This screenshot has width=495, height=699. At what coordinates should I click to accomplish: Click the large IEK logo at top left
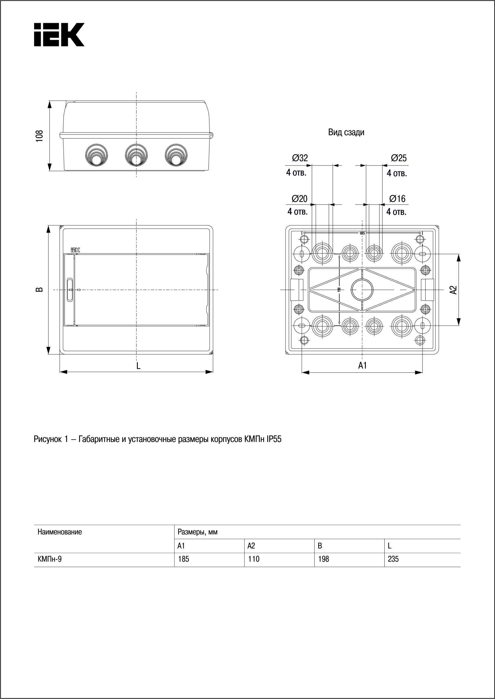pos(59,34)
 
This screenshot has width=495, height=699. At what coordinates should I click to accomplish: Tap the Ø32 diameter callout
pos(300,158)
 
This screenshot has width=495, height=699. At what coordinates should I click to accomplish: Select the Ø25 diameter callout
pos(398,158)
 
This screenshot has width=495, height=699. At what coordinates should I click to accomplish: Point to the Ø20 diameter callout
pos(299,199)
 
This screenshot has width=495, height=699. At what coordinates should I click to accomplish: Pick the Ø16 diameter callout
pos(397,199)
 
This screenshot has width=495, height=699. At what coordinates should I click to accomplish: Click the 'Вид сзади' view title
pos(346,132)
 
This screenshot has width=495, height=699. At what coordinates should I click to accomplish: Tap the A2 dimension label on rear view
pos(453,290)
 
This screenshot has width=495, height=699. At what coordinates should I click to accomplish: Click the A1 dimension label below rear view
pos(362,365)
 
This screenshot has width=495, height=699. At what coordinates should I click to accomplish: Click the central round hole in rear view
pos(362,290)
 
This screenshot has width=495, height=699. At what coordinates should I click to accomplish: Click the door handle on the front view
pos(70,290)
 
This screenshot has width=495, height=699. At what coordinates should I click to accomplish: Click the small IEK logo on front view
pos(75,250)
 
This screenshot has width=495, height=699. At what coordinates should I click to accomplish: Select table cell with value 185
pos(184,559)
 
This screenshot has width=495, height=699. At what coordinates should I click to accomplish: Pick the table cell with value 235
pos(393,559)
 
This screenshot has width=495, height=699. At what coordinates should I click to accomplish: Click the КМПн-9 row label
pos(49,559)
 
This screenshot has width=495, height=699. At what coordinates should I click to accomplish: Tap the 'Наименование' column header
pos(60,532)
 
